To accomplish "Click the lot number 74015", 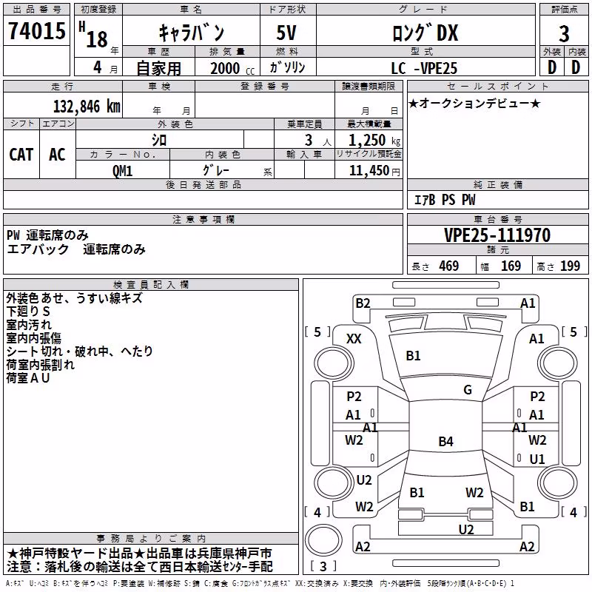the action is tap(36, 30).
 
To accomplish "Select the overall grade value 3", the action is tap(564, 33).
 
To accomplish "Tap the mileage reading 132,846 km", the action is tap(87, 107).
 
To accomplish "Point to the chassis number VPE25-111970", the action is tap(497, 235).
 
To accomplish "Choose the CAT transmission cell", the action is tap(21, 155).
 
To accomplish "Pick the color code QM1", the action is tap(122, 171).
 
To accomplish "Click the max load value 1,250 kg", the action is tap(374, 141).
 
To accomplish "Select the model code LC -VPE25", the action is tap(424, 68).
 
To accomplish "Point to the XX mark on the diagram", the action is tap(354, 339).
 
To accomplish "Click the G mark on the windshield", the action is tap(468, 389).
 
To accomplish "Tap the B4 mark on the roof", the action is tap(446, 441).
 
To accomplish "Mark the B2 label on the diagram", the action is tap(363, 303).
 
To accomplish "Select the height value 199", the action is tap(570, 266).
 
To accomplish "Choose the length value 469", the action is tap(449, 266).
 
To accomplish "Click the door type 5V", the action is tap(286, 33).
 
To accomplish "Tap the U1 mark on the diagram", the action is tap(537, 459).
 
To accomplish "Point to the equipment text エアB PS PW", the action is tap(445, 200).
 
